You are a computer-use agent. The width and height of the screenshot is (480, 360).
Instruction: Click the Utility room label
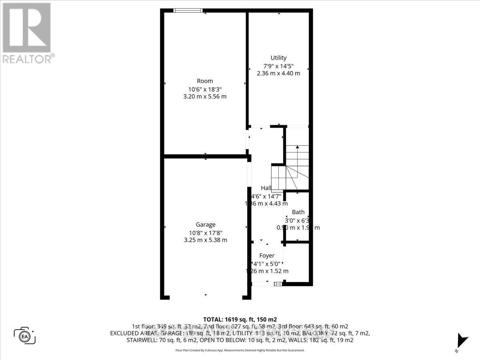tap(278, 58)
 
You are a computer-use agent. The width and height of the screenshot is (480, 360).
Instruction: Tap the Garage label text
tap(206, 225)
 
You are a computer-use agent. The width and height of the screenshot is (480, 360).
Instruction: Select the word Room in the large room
tap(205, 81)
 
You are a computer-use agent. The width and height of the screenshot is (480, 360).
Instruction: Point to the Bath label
tap(298, 212)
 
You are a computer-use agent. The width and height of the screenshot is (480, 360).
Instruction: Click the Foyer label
tap(267, 256)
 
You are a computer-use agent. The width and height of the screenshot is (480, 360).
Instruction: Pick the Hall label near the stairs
tap(266, 188)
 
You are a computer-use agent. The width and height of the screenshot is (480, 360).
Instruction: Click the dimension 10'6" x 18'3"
tap(205, 89)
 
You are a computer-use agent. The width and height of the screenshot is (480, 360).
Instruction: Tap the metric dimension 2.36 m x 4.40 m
tap(278, 73)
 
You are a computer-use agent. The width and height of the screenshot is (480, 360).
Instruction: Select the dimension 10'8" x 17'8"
tap(206, 232)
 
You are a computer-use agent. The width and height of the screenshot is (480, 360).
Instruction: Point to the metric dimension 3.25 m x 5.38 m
tap(206, 240)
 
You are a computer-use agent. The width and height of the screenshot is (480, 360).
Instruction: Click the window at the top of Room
tap(188, 11)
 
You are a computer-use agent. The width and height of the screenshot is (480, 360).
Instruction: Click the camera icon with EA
tap(25, 335)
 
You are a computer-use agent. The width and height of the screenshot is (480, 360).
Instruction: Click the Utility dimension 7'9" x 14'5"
tap(278, 66)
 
